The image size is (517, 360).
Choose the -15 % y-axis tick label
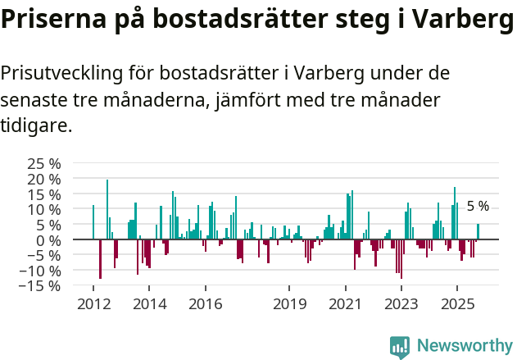42,286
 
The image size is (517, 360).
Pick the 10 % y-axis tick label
44,209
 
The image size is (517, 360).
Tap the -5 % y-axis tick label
45,255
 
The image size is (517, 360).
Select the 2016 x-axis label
205,304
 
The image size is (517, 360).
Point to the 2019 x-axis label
289,304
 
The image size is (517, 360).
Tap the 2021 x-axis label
345,304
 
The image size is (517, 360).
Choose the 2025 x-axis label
456,304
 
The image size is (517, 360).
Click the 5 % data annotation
478,207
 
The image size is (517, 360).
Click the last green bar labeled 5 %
478,232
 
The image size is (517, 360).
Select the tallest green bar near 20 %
107,209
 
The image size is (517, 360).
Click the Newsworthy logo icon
400,346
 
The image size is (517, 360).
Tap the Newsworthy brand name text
464,346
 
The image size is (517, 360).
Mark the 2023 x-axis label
401,304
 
